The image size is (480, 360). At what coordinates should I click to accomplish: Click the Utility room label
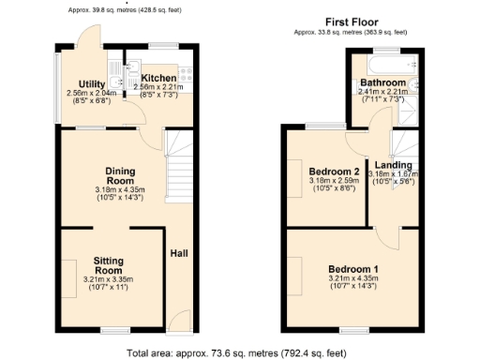(x=92, y=84)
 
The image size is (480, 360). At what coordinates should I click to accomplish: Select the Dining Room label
(x=120, y=175)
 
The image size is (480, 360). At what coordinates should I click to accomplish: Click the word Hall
(x=178, y=253)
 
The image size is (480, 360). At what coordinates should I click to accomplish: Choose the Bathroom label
(x=382, y=83)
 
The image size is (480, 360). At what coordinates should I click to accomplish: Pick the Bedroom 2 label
(x=334, y=172)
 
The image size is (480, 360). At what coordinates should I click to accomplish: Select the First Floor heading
(x=351, y=22)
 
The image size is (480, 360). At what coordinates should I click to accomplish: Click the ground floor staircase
(x=178, y=173)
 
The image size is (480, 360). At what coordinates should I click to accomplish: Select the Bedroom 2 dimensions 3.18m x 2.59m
(x=334, y=180)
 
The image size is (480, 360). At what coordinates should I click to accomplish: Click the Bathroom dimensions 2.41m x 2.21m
(x=382, y=92)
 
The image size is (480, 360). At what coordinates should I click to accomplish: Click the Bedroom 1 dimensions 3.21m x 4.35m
(x=352, y=278)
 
